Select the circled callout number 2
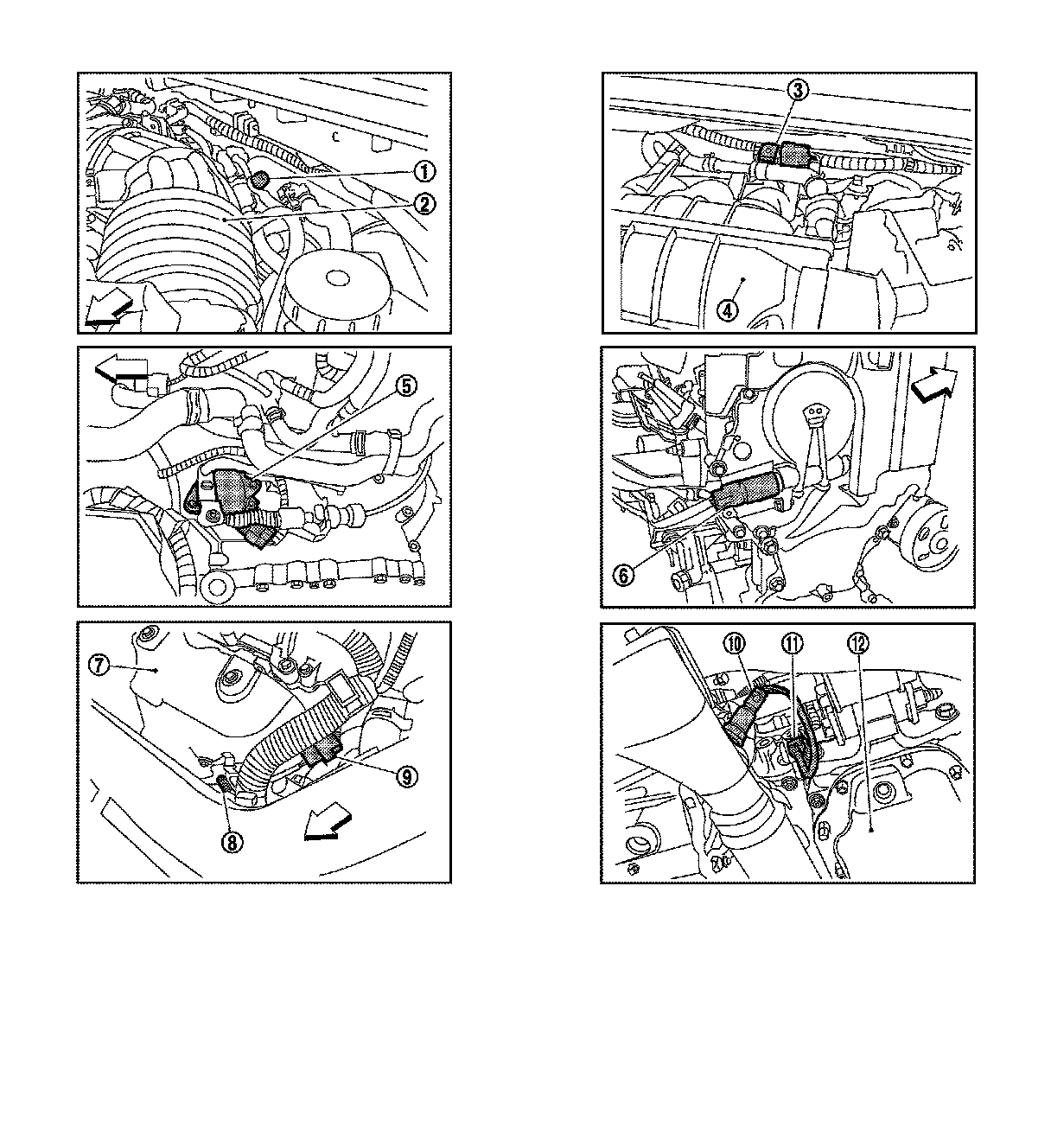click(424, 203)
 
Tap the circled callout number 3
click(798, 90)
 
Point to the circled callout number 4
click(728, 309)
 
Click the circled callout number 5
click(406, 386)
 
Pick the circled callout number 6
click(624, 576)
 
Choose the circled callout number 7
click(99, 666)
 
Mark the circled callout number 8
click(232, 843)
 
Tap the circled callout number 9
click(407, 777)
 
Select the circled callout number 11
click(793, 643)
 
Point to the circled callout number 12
click(858, 643)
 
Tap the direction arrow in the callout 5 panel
click(122, 369)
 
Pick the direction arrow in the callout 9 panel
click(328, 826)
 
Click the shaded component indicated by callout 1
click(259, 180)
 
